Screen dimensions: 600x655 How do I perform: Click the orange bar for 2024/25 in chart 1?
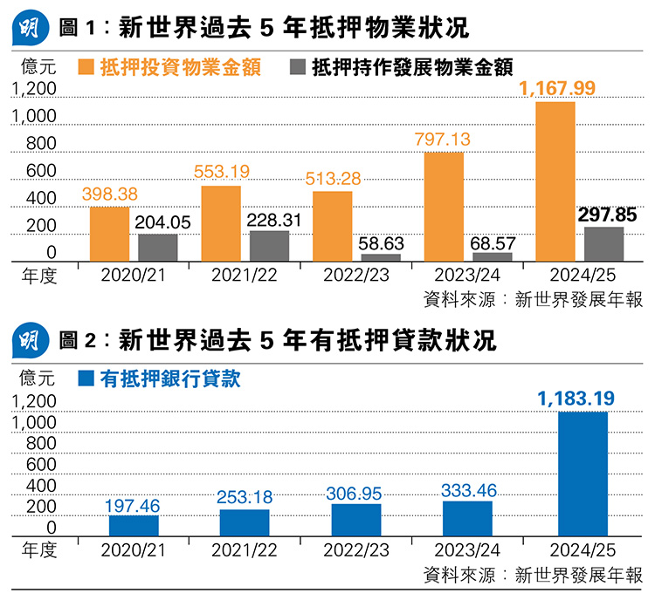555,181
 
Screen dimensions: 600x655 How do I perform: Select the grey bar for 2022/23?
381,258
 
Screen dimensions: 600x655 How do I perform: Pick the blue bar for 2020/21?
134,526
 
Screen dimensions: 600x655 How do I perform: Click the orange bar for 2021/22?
221,223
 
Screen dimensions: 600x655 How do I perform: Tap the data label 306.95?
355,494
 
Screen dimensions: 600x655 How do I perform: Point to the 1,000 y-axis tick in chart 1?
36,117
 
